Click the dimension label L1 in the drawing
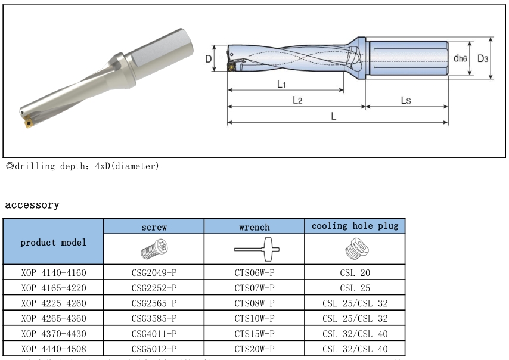(x=283, y=84)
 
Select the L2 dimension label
(x=297, y=100)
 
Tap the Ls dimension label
(x=405, y=100)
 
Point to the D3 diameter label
(x=483, y=58)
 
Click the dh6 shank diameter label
(x=460, y=58)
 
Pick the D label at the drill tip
(x=208, y=59)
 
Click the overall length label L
(x=334, y=116)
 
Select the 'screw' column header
(x=154, y=227)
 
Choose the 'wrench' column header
(x=254, y=227)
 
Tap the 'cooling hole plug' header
(x=355, y=226)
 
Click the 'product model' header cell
(x=54, y=242)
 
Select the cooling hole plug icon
(x=355, y=250)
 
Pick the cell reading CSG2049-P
(x=154, y=273)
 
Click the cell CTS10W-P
(x=254, y=319)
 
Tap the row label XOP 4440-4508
(x=54, y=349)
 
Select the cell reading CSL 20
(x=355, y=273)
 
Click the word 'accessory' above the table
(x=32, y=205)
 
